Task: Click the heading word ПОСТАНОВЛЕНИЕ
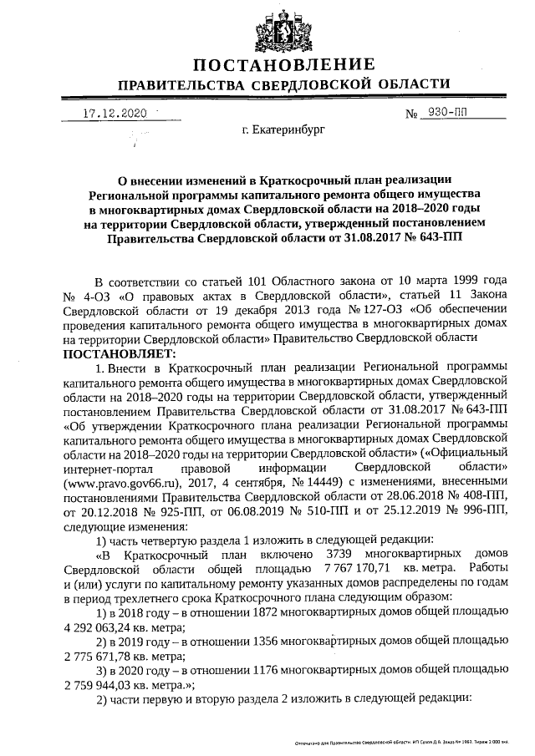(283, 66)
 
